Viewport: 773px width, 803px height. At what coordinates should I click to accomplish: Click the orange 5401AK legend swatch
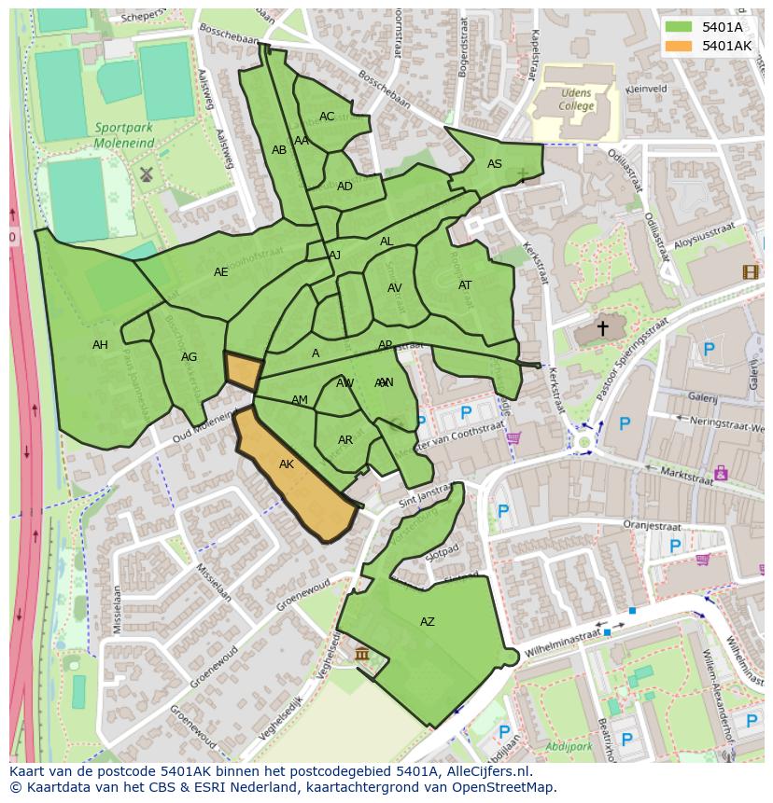pos(679,46)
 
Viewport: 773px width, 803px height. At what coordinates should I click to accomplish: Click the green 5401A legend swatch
pos(679,27)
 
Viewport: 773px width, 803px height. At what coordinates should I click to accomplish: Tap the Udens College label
pos(577,99)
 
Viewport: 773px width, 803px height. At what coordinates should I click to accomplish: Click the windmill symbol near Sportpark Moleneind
pos(146,174)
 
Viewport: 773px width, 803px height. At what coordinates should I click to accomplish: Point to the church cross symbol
pos(602,328)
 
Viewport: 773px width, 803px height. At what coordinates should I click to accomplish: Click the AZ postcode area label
pos(428,622)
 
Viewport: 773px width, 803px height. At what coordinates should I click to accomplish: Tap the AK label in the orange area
pos(287,464)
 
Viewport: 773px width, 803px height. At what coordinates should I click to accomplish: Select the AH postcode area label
pos(100,345)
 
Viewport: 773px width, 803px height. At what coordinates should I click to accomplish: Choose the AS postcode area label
pos(495,164)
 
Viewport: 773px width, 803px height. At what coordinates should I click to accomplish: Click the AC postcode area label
pos(327,117)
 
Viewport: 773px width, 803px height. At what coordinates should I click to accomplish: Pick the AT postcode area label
pos(465,285)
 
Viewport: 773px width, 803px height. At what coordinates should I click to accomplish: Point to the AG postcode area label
pos(190,357)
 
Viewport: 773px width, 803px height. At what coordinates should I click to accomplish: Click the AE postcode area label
pos(221,272)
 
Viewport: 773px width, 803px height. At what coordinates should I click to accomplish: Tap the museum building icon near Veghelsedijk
pos(361,654)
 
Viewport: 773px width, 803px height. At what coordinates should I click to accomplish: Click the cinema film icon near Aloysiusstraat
pos(750,272)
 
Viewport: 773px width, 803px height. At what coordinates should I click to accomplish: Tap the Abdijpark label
pos(569,746)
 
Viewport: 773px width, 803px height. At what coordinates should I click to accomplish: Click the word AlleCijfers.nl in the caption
pos(487,772)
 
